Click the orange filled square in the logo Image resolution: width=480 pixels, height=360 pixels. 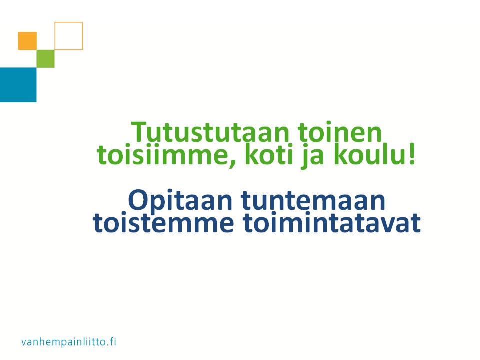click(x=27, y=41)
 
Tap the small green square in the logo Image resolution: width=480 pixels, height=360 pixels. click(x=45, y=59)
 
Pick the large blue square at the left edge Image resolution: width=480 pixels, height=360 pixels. click(x=18, y=85)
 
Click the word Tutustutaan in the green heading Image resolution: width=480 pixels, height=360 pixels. click(x=210, y=132)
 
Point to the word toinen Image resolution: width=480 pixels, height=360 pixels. click(x=340, y=132)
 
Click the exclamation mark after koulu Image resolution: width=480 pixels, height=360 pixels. click(x=412, y=155)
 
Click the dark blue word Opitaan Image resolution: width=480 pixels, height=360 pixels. click(x=180, y=201)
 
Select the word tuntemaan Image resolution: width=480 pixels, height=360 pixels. click(x=313, y=200)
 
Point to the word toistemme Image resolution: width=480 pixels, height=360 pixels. click(x=163, y=223)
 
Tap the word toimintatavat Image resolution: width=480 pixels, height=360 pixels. click(x=332, y=223)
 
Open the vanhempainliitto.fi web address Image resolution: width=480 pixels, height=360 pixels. click(x=69, y=342)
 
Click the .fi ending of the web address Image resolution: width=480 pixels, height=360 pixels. click(x=111, y=341)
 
